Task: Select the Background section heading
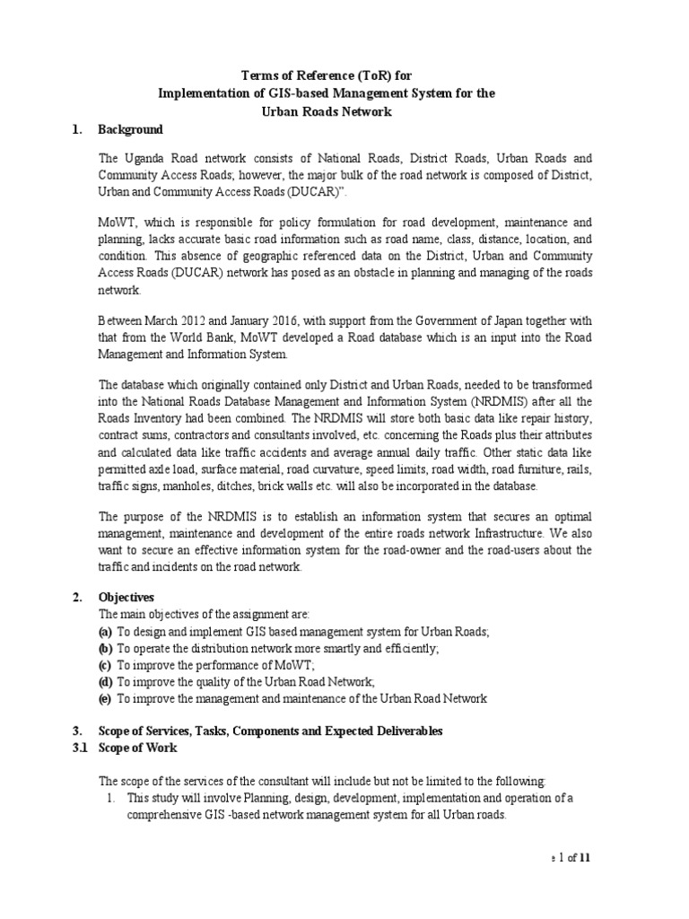(x=130, y=130)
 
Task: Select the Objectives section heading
(x=126, y=596)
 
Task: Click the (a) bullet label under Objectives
(x=105, y=633)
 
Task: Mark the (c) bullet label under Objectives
(x=105, y=665)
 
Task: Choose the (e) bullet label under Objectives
(x=105, y=697)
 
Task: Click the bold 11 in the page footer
(x=586, y=857)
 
